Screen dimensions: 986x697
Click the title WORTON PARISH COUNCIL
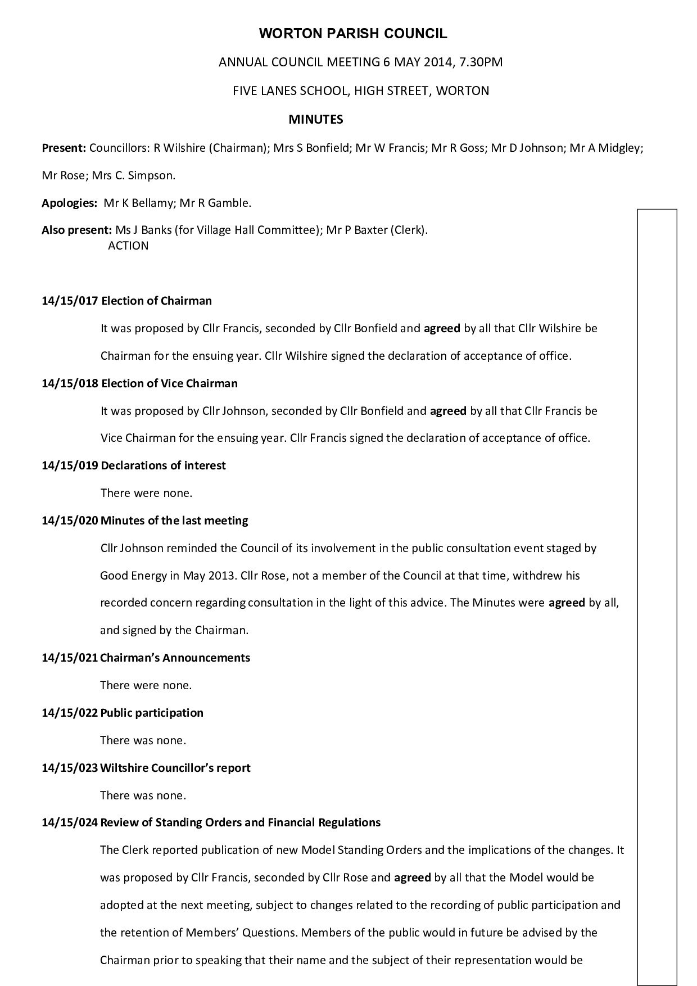click(353, 34)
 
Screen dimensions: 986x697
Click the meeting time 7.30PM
click(481, 62)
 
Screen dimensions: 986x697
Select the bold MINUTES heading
click(315, 119)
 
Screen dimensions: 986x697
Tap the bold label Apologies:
click(70, 203)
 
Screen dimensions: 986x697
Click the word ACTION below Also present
click(128, 246)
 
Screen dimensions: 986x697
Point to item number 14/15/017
click(70, 301)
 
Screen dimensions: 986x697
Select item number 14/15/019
click(70, 465)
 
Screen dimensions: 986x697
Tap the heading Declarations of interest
click(163, 465)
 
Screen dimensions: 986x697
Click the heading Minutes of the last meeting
click(174, 521)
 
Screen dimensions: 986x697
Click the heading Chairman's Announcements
click(175, 658)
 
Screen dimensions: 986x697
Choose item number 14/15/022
click(70, 713)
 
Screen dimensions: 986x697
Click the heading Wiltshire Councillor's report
click(175, 768)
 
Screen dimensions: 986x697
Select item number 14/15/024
click(70, 823)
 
